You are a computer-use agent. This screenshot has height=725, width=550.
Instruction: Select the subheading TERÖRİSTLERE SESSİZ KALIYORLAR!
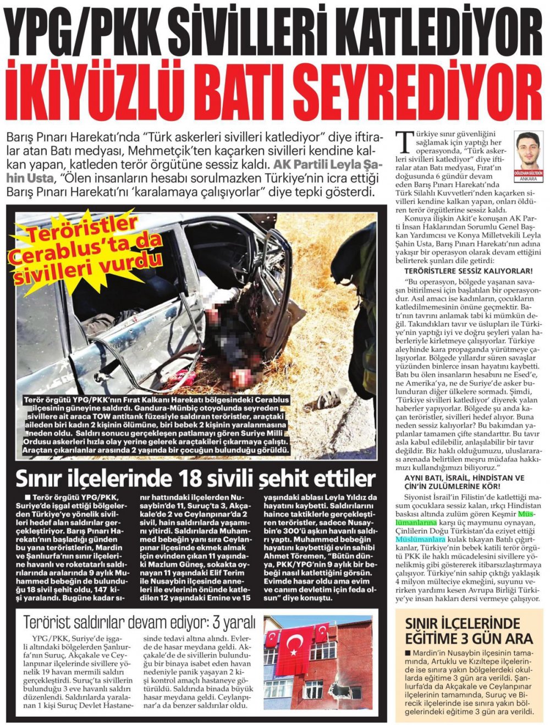coord(468,271)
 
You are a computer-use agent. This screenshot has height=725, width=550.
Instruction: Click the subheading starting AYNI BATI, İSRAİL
coord(464,477)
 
